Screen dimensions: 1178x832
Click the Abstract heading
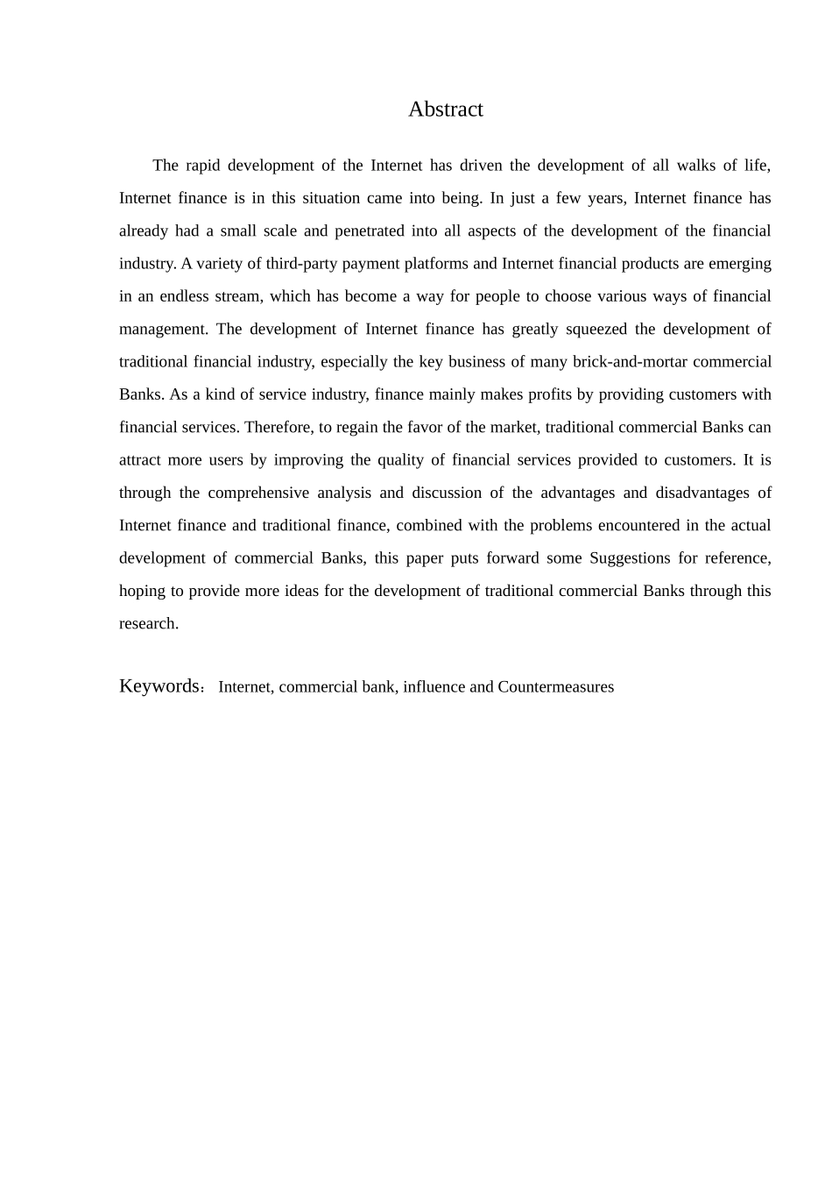click(x=445, y=110)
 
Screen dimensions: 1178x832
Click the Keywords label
click(x=160, y=686)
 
